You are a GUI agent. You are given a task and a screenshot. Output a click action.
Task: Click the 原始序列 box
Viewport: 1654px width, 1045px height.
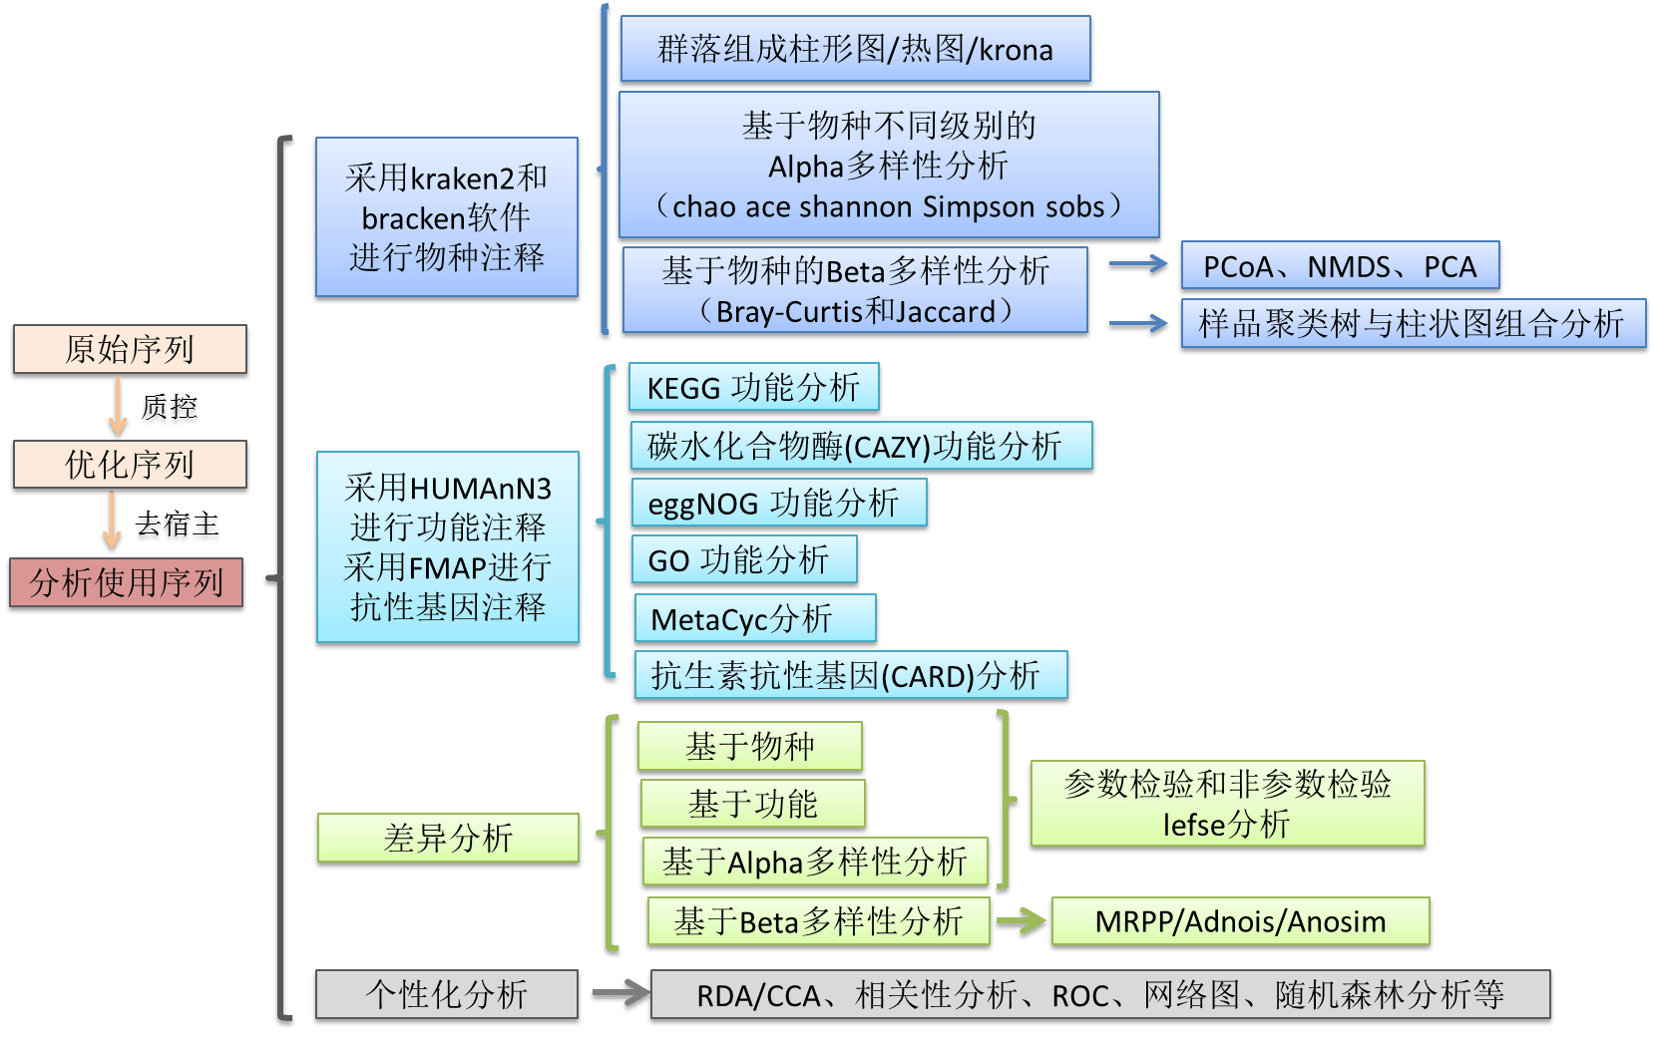tap(130, 350)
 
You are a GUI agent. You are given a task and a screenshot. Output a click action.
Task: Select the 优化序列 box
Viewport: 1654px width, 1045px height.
tap(130, 465)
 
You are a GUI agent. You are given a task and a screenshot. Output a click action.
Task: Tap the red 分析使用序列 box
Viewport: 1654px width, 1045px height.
tap(127, 582)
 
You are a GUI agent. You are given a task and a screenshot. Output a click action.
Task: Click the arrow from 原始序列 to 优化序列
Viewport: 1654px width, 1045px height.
tap(118, 407)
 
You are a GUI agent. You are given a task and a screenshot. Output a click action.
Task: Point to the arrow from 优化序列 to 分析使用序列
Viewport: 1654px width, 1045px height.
tap(112, 522)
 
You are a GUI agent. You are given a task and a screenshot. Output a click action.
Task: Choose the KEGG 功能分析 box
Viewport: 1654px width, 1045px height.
tap(753, 387)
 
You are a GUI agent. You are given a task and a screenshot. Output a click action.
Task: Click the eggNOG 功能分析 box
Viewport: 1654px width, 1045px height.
tap(778, 503)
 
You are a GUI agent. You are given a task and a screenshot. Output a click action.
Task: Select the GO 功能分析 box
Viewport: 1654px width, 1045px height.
tap(743, 560)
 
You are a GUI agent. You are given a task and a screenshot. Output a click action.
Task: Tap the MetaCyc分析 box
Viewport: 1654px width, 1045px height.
tap(755, 618)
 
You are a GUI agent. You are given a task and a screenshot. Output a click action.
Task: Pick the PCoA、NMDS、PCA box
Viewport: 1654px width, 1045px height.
tap(1339, 266)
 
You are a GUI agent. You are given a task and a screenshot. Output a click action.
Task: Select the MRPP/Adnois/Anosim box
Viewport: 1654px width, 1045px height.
tap(1240, 921)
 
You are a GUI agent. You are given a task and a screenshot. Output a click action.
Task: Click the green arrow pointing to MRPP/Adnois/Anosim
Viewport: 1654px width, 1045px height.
tap(1021, 920)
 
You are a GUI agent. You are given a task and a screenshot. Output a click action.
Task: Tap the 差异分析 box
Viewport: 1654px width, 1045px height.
tap(447, 838)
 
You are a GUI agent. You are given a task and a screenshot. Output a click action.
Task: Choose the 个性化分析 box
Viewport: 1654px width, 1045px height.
tap(446, 994)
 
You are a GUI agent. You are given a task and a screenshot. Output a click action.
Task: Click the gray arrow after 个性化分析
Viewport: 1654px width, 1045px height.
tap(618, 994)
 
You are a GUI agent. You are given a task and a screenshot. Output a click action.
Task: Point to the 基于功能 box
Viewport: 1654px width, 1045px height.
tap(752, 804)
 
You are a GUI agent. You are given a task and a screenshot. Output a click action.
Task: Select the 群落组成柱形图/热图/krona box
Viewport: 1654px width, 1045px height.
tap(855, 49)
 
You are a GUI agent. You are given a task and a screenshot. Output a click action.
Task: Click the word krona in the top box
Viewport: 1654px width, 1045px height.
tap(1016, 49)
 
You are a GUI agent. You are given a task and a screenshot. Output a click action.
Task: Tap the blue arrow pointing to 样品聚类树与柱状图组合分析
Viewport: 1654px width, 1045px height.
tap(1138, 325)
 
